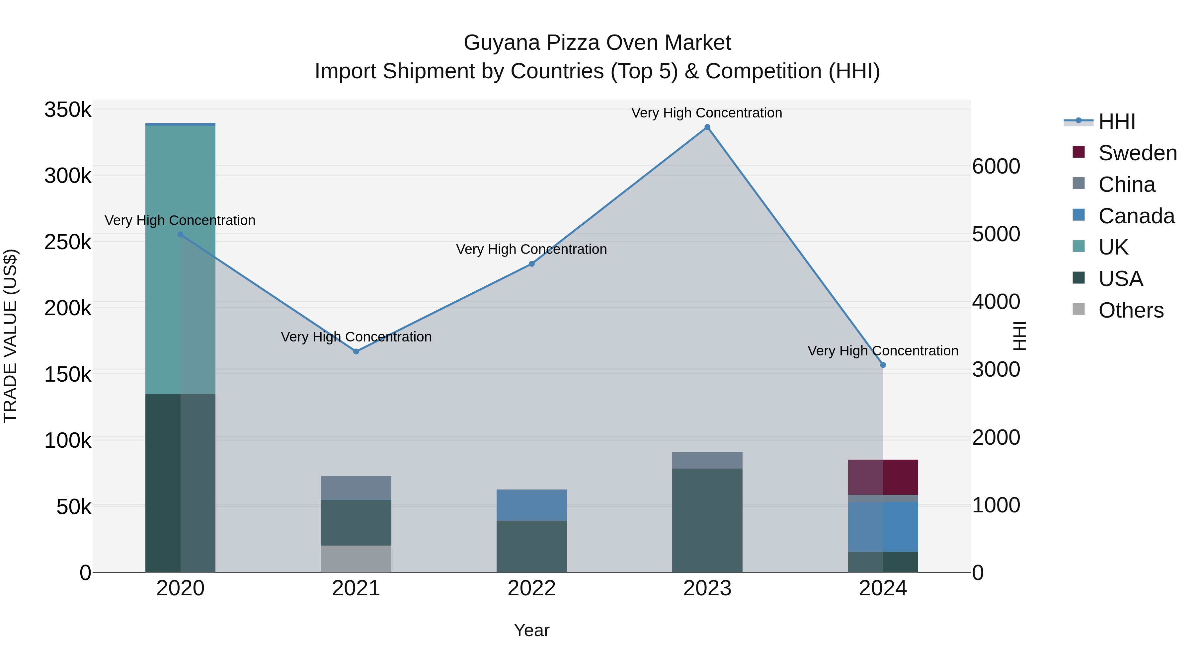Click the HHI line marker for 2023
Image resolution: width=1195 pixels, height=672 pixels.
[x=707, y=127]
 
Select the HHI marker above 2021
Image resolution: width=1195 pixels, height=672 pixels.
[x=356, y=351]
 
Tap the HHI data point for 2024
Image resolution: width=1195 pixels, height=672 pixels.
[x=883, y=365]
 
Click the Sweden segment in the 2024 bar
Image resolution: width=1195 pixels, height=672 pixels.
[x=883, y=477]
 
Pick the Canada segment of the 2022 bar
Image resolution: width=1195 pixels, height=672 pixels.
[x=532, y=505]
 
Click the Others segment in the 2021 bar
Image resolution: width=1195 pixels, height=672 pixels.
[x=356, y=559]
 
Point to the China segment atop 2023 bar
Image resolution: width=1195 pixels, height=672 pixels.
[x=707, y=460]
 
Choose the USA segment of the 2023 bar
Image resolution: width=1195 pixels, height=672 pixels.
[x=707, y=519]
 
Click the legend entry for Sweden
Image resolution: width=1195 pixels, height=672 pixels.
[x=1137, y=153]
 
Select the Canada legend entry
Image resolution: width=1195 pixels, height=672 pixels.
[x=1136, y=216]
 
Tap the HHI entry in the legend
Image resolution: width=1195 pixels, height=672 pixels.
[x=1117, y=121]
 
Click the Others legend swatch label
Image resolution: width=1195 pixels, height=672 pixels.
[x=1131, y=310]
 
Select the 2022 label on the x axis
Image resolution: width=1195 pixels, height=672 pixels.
[x=532, y=588]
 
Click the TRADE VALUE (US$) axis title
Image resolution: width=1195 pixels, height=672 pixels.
[x=10, y=336]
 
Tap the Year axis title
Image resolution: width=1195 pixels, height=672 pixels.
[x=532, y=630]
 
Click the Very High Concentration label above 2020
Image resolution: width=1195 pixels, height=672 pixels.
[x=180, y=220]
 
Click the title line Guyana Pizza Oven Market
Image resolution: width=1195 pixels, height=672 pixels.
[x=597, y=43]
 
